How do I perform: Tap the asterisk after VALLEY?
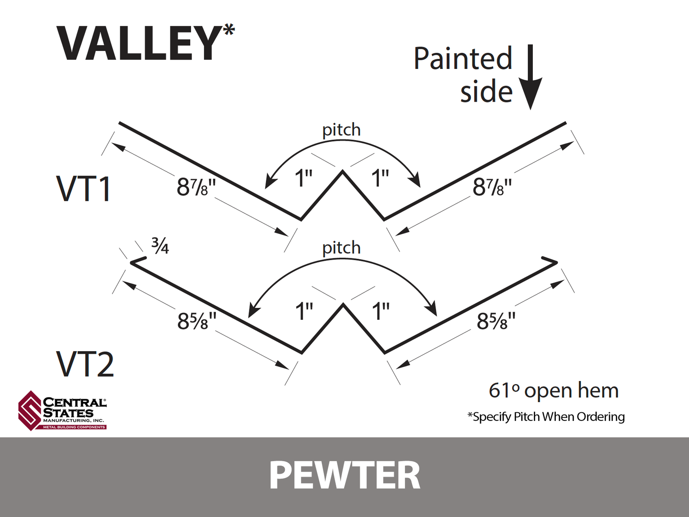click(x=229, y=30)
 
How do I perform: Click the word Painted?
click(x=463, y=59)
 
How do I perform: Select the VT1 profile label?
click(x=84, y=189)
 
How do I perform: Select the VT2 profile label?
click(x=85, y=364)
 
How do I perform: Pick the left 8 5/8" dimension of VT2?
click(x=197, y=321)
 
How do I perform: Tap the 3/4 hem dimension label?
click(x=160, y=246)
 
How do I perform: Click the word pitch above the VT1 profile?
click(x=341, y=130)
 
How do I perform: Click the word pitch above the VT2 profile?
click(x=341, y=248)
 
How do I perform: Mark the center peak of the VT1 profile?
click(x=343, y=172)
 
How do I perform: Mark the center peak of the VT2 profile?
click(x=343, y=305)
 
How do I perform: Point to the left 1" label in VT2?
click(x=304, y=311)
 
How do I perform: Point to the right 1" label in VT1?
click(x=380, y=178)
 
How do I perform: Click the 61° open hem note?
click(x=553, y=391)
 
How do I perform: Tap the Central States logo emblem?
click(x=30, y=410)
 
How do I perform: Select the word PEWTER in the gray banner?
click(x=344, y=476)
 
